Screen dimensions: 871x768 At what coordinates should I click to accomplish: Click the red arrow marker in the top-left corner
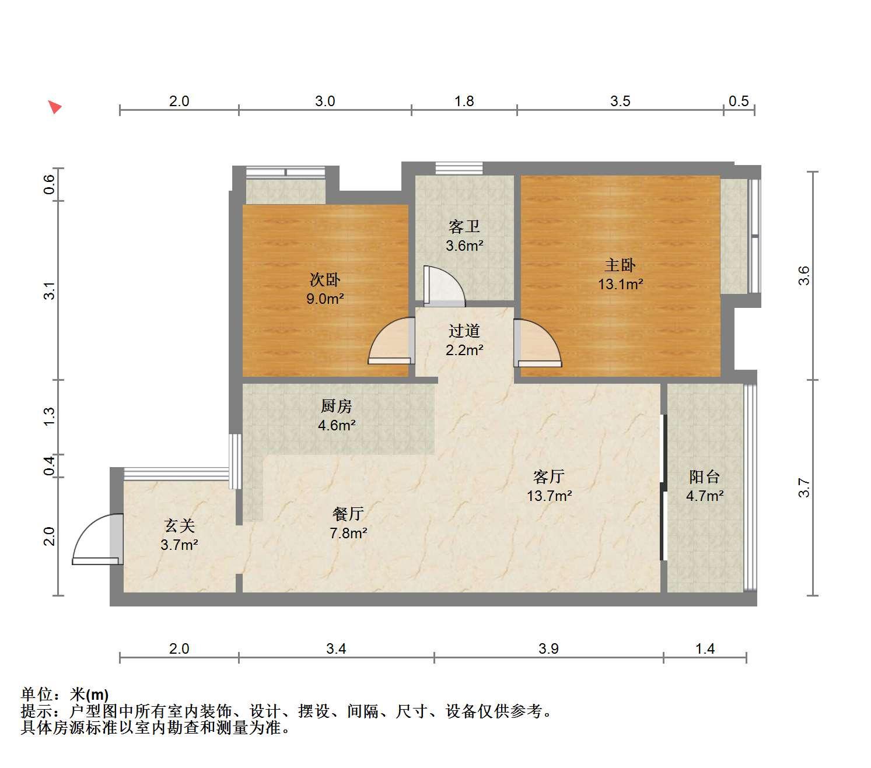[55, 107]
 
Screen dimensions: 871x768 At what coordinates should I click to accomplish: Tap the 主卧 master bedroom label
[620, 265]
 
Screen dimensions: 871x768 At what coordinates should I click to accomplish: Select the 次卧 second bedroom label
[324, 280]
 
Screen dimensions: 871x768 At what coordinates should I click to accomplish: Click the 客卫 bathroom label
[464, 226]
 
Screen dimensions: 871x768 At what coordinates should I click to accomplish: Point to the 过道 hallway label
[464, 331]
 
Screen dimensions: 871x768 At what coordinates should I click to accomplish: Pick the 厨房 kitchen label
[336, 406]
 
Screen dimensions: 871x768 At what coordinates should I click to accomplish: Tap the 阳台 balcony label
[704, 476]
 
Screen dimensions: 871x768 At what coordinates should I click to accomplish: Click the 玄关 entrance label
[179, 525]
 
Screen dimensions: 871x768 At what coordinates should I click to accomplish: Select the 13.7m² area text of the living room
[550, 496]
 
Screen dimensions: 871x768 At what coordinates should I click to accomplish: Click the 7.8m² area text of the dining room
[348, 534]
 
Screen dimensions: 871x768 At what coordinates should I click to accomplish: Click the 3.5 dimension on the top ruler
[620, 101]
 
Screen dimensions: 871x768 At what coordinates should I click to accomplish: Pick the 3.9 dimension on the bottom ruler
[548, 648]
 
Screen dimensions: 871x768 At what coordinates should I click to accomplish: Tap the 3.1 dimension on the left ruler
[50, 291]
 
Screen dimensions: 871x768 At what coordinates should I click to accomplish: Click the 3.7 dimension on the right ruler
[804, 488]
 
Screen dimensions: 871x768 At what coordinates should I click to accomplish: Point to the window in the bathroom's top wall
[459, 168]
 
